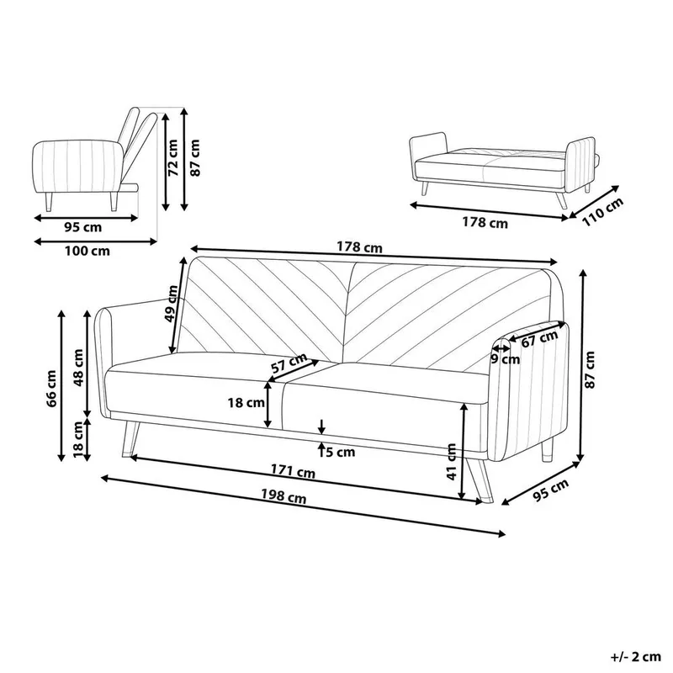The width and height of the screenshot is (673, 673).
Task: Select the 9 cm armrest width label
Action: click(505, 358)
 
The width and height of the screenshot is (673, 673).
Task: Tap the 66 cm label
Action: click(52, 387)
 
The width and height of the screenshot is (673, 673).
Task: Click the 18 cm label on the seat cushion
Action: click(245, 403)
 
